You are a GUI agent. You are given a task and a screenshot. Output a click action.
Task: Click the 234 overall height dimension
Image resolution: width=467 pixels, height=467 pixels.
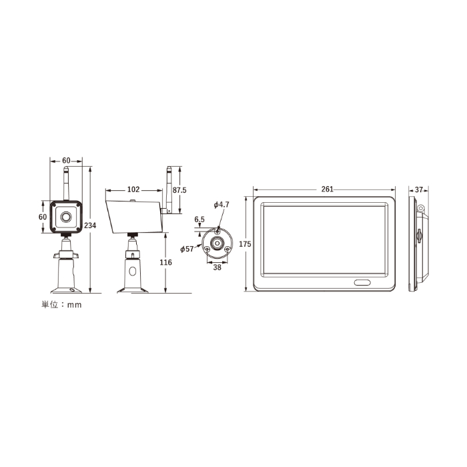click(x=90, y=225)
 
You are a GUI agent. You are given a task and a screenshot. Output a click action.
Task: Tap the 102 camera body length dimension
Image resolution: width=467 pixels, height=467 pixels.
click(x=133, y=189)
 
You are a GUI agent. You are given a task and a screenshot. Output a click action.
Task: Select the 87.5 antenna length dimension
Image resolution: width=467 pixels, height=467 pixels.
click(x=179, y=190)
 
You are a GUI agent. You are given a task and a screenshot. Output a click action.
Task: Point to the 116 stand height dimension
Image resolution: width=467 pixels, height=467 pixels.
click(x=165, y=262)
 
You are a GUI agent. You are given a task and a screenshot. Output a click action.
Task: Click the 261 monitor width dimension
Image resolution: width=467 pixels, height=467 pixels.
click(x=327, y=189)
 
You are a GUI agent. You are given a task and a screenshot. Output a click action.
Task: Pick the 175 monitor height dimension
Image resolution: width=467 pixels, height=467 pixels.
click(x=245, y=244)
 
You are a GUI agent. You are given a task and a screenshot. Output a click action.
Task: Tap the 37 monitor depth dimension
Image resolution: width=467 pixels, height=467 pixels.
click(x=419, y=189)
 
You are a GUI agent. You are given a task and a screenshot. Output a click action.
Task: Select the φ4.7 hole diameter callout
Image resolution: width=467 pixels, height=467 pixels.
click(x=221, y=205)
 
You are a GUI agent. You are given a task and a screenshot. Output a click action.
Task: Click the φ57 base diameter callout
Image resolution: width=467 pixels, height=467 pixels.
click(x=187, y=249)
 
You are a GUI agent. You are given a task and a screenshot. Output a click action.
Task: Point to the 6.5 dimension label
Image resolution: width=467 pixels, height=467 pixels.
click(x=199, y=219)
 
